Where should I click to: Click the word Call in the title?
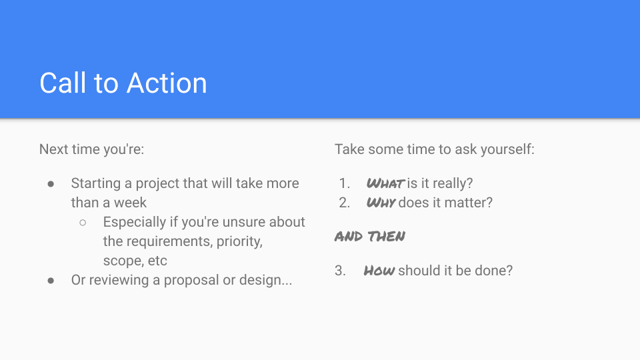pos(62,83)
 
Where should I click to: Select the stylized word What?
pos(385,183)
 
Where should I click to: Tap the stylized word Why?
pos(381,203)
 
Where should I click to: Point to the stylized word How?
pos(379,271)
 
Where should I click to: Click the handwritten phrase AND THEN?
pos(370,237)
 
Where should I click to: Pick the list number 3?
pos(341,271)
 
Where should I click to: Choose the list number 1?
pos(344,183)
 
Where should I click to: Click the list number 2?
pos(344,203)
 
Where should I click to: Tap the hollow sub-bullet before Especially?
pos(83,222)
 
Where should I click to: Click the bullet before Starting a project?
pos(51,183)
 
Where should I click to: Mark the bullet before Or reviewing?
pos(51,281)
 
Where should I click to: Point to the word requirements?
pos(169,241)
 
